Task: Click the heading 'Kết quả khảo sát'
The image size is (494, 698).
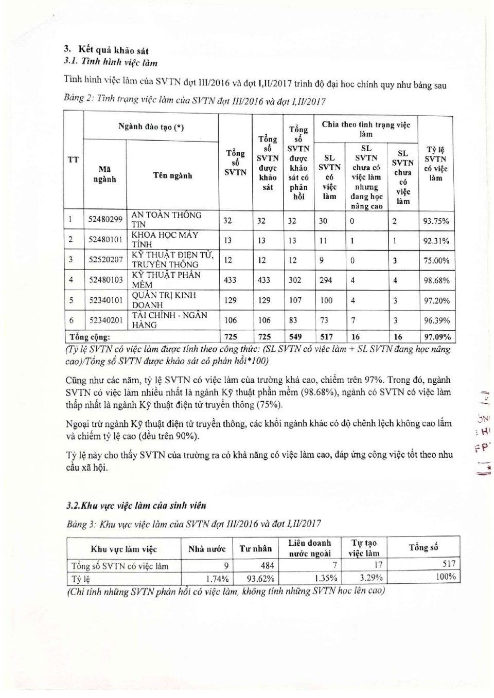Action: [x=113, y=50]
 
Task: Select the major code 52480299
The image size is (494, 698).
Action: [x=105, y=220]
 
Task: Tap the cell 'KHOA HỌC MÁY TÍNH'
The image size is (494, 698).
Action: [x=165, y=240]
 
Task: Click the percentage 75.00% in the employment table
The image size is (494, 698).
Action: [x=436, y=260]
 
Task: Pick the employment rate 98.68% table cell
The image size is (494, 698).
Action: [x=436, y=280]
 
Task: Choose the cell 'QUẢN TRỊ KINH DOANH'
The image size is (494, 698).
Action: [x=164, y=300]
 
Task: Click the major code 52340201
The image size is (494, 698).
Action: [x=105, y=320]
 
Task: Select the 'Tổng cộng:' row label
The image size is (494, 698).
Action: [x=90, y=337]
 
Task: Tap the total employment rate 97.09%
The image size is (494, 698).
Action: [x=436, y=337]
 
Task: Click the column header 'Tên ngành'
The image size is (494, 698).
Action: [x=172, y=175]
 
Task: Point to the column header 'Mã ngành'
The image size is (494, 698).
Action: [x=104, y=174]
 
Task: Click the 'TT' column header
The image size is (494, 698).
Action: [x=73, y=159]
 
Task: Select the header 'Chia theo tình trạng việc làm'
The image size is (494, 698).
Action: [x=366, y=129]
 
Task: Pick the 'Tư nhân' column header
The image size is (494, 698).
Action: [x=256, y=549]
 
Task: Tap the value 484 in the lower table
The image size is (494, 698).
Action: [x=267, y=565]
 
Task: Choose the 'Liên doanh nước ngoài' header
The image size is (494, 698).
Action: [x=310, y=548]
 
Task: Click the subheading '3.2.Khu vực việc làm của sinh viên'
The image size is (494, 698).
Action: [x=136, y=505]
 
